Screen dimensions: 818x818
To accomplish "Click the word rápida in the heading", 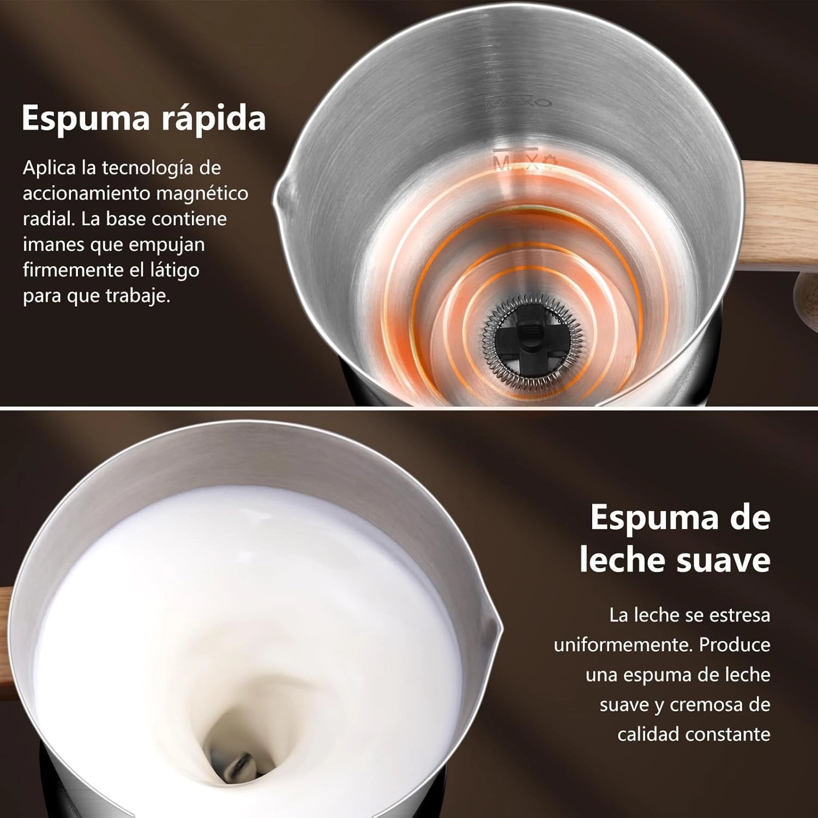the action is click(x=213, y=118).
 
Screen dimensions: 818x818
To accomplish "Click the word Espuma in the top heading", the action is click(x=86, y=118).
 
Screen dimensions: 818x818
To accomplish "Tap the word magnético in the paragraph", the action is click(x=202, y=193).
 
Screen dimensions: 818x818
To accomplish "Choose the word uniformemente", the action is click(x=623, y=645).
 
